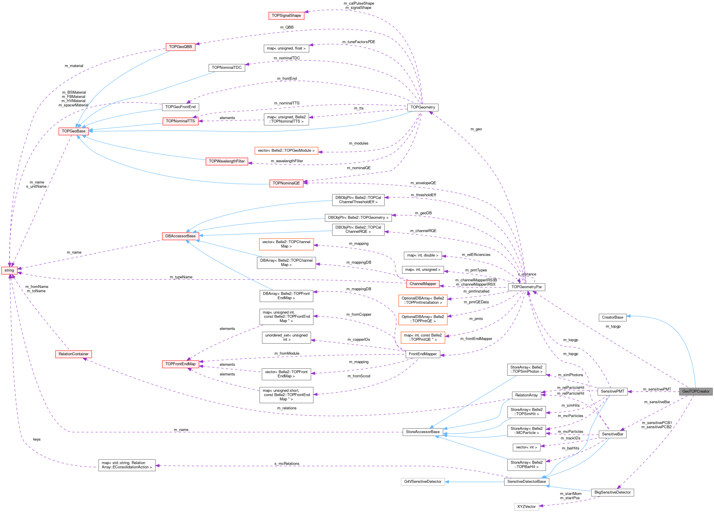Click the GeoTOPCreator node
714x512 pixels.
pyautogui.click(x=695, y=391)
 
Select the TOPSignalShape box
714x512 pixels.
pyautogui.click(x=286, y=15)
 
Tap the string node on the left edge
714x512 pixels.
pyautogui.click(x=9, y=270)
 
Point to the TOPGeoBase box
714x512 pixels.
pyautogui.click(x=73, y=131)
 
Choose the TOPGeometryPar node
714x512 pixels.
pyautogui.click(x=526, y=287)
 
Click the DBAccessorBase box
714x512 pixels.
pyautogui.click(x=180, y=236)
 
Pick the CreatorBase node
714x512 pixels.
pyautogui.click(x=612, y=317)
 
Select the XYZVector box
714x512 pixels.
pyautogui.click(x=526, y=507)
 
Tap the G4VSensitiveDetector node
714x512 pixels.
pyautogui.click(x=423, y=481)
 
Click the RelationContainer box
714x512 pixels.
pyautogui.click(x=73, y=354)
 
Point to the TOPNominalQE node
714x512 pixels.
pyautogui.click(x=286, y=183)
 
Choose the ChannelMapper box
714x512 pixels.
pyautogui.click(x=423, y=284)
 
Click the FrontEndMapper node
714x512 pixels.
pyautogui.click(x=423, y=354)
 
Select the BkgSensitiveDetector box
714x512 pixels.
pyautogui.click(x=612, y=492)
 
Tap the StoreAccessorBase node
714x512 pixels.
pyautogui.click(x=423, y=432)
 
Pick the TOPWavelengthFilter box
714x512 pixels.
pyautogui.click(x=227, y=161)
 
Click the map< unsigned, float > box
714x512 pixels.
pyautogui.click(x=286, y=49)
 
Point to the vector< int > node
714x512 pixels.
pyautogui.click(x=526, y=447)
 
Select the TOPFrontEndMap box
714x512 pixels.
pyautogui.click(x=180, y=364)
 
